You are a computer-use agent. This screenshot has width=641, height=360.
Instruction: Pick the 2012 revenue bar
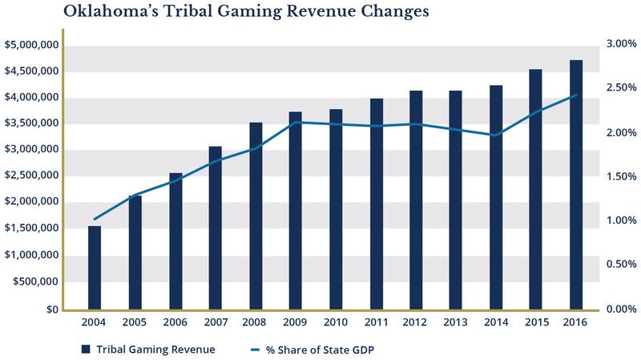[416, 200]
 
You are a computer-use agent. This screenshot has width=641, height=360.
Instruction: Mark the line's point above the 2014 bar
[496, 136]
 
